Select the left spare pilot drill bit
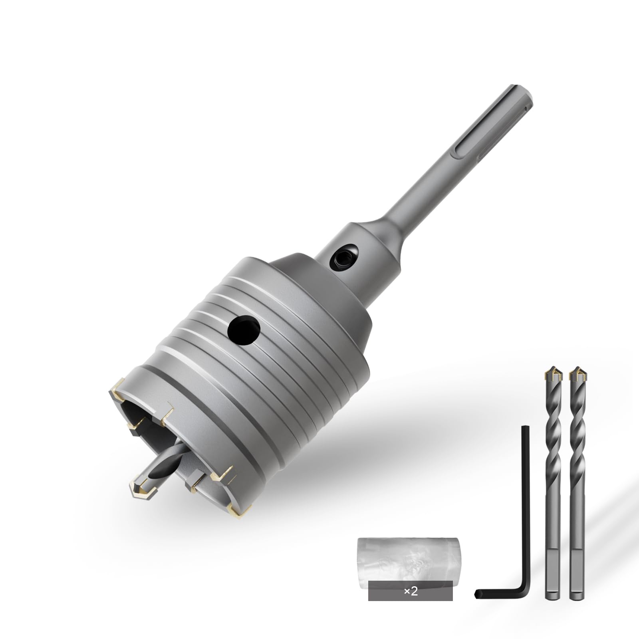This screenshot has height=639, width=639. pyautogui.click(x=553, y=479)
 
